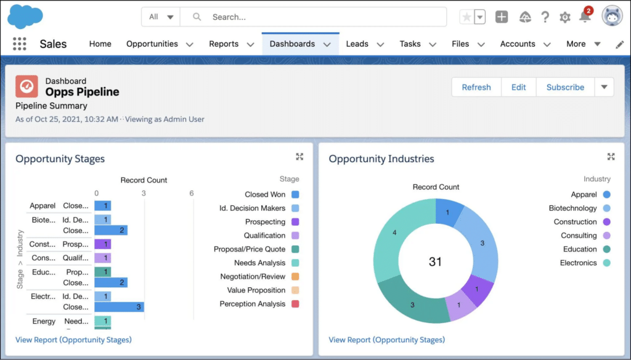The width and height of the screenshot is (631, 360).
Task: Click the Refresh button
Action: pos(476,87)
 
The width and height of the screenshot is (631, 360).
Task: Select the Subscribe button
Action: pos(565,87)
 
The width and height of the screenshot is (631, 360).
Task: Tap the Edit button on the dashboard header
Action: pos(519,87)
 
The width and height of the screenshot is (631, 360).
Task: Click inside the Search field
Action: pos(320,17)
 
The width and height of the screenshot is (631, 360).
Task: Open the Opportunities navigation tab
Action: pos(152,44)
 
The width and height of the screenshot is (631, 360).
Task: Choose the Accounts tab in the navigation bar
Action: pos(518,44)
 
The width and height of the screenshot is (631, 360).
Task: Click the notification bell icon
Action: pos(585,17)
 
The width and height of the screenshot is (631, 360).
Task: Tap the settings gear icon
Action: pos(564,17)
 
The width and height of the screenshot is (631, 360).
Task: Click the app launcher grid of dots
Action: pos(20,44)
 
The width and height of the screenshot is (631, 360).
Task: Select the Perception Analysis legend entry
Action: pos(253,304)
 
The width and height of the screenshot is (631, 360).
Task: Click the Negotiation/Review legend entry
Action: pos(253,277)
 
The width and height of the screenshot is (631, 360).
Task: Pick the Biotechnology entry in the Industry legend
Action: pos(573,208)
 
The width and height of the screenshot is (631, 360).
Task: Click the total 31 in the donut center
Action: pos(435,262)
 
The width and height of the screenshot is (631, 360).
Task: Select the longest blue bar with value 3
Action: pos(119,307)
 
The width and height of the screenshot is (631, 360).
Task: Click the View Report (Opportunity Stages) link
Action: pos(73,340)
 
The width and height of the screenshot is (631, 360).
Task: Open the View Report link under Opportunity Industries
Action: pos(386,340)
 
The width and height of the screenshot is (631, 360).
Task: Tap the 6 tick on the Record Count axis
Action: pos(192,194)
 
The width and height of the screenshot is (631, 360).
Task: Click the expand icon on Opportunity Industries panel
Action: pos(611,157)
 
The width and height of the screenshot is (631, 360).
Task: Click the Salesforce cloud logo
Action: pos(25,17)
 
